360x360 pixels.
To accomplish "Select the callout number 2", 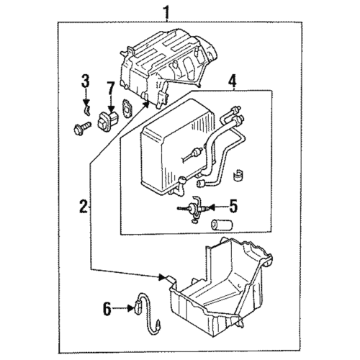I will click(x=84, y=207).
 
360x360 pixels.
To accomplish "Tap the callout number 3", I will click(x=85, y=80).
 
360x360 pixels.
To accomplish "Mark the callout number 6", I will click(x=107, y=309).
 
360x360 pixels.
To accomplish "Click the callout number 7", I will click(x=110, y=89).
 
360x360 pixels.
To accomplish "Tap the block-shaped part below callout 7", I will click(x=107, y=119).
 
